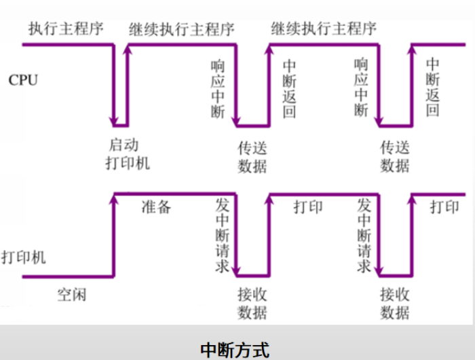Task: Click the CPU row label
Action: click(23, 81)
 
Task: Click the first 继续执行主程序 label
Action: click(181, 29)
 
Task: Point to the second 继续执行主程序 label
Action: click(324, 29)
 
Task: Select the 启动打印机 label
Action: click(128, 154)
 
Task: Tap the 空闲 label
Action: click(71, 295)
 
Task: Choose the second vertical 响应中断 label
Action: click(360, 88)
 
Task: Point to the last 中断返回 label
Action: click(433, 88)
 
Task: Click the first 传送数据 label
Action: click(252, 157)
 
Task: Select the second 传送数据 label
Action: click(395, 157)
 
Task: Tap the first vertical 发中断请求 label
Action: click(222, 235)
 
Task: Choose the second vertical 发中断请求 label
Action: click(364, 235)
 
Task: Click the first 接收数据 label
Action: click(252, 304)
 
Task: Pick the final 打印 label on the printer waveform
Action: click(444, 207)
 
